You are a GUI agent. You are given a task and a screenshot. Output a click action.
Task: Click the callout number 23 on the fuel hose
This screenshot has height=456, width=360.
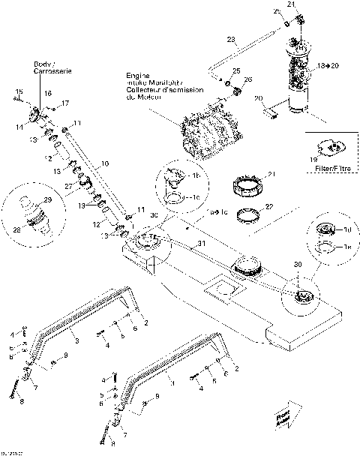pos(229,39)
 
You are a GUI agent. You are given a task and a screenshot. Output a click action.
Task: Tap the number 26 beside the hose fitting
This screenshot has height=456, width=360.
pos(248,80)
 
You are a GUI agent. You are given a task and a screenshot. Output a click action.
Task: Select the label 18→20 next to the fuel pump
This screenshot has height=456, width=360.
pos(327,66)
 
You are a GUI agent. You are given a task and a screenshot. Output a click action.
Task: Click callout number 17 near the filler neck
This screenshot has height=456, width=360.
pos(65,103)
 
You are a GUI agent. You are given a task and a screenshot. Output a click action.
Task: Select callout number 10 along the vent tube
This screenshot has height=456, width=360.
pos(104,163)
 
